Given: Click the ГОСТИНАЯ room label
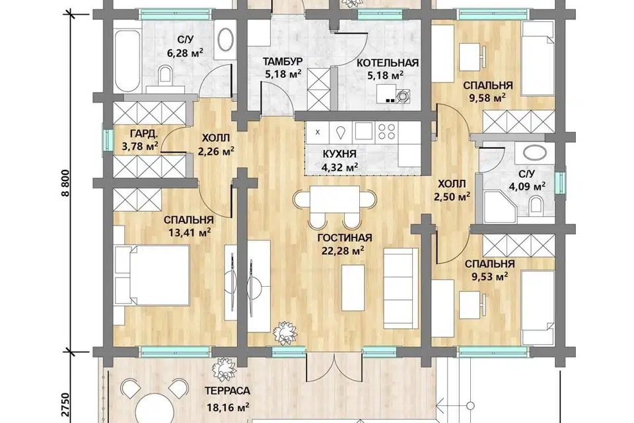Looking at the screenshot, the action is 345,238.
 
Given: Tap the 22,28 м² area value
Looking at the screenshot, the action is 343,251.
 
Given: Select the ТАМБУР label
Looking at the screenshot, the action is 283,61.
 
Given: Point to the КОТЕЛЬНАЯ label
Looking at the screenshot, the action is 388,63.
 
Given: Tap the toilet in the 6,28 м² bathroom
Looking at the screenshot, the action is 165,75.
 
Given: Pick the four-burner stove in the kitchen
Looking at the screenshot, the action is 386,131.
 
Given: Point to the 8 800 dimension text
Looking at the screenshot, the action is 66,182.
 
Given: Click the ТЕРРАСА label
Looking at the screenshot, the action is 227,391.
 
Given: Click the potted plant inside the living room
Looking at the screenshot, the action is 286,332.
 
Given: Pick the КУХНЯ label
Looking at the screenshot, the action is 339,154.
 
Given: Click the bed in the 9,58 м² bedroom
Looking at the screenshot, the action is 538,59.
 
